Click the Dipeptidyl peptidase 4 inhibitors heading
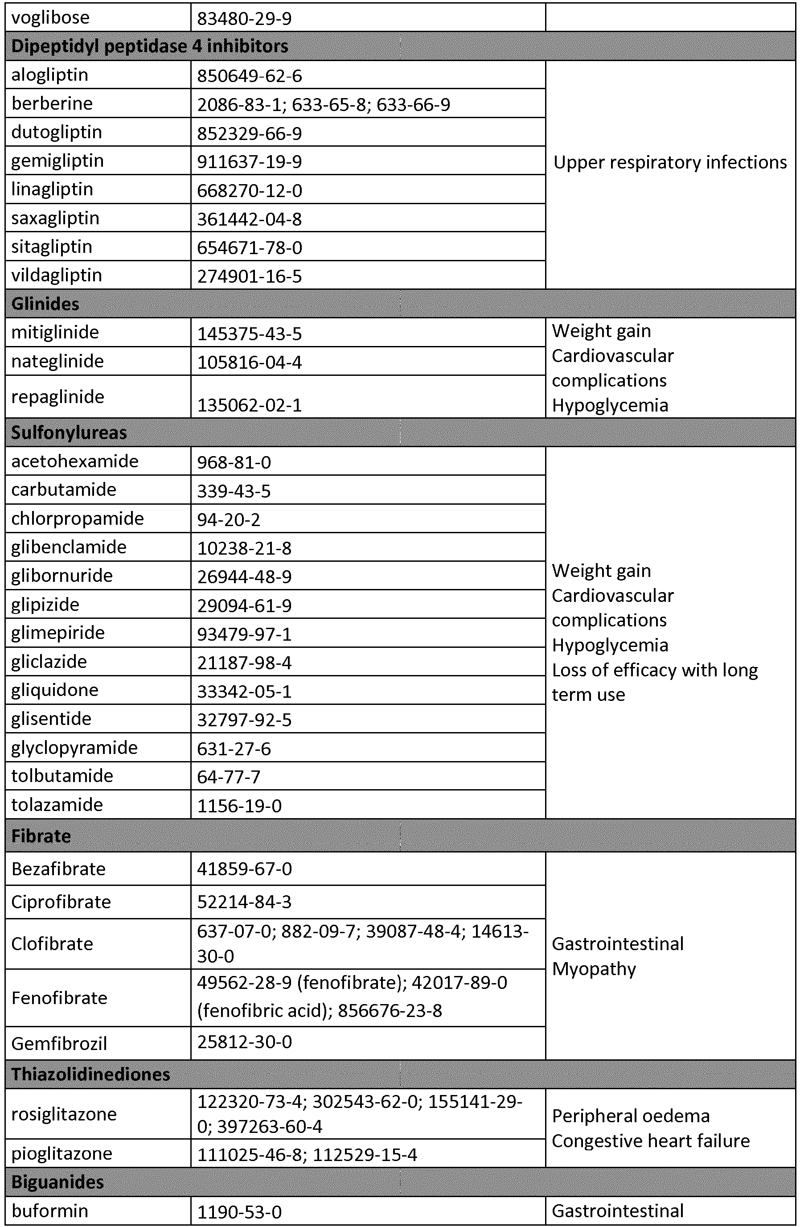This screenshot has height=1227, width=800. [x=149, y=46]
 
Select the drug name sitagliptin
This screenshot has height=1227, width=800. [x=52, y=247]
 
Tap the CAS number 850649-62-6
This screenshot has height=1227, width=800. [x=249, y=76]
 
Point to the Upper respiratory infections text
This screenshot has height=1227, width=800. [x=669, y=162]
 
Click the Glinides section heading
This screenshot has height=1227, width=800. [x=45, y=304]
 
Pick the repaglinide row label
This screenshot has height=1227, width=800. [x=58, y=396]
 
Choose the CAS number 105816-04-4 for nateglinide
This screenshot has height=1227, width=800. [x=249, y=362]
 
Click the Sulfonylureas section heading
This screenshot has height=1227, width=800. [x=69, y=432]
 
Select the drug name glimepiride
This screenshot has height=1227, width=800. [x=58, y=633]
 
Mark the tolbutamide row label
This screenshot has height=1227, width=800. [x=62, y=775]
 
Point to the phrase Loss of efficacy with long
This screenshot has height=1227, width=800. [x=655, y=670]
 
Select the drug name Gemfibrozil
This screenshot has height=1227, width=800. [x=59, y=1043]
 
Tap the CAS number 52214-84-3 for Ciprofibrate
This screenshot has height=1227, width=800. [x=244, y=902]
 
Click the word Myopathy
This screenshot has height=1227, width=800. [x=594, y=969]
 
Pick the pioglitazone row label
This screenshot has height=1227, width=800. [x=62, y=1153]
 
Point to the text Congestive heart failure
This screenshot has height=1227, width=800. [x=651, y=1141]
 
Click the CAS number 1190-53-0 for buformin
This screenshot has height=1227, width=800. [x=239, y=1211]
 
